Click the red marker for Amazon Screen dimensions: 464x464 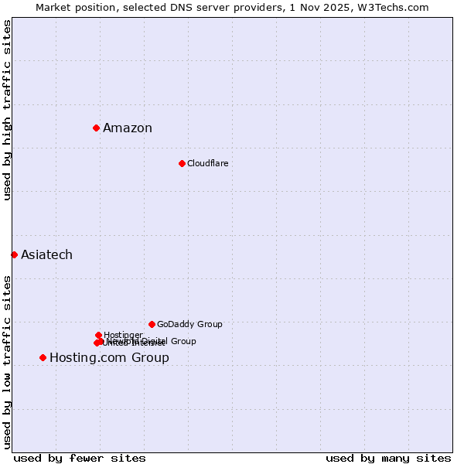96,128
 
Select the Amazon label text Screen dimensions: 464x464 128,128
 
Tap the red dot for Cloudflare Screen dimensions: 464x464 182,163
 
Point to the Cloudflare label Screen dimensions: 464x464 207,164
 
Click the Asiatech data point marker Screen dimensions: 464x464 14,254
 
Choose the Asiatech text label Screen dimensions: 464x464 46,255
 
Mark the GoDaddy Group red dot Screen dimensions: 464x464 152,324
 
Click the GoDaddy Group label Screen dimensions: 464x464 189,325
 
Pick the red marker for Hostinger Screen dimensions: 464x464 98,335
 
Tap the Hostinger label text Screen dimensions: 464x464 123,335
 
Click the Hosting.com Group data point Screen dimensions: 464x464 43,357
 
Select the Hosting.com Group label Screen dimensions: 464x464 109,358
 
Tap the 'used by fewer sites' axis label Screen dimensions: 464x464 80,458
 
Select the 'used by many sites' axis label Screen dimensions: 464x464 388,458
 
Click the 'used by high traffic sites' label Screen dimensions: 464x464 7,111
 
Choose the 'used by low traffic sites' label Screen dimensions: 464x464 7,362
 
